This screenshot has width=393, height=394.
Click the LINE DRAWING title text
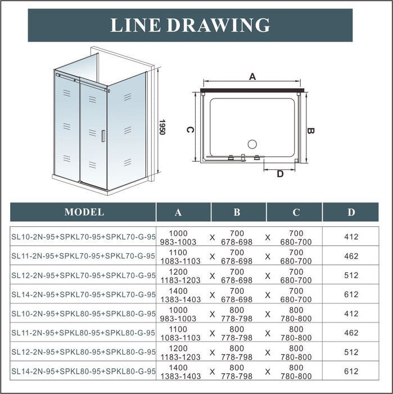pos(190,25)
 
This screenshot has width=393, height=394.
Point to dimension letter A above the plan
pos(252,77)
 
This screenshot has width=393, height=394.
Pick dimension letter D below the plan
pos(280,173)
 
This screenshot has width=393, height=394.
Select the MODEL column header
pos(84,212)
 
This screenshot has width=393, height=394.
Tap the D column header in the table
pos(351,212)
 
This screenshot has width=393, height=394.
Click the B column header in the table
pos(237,212)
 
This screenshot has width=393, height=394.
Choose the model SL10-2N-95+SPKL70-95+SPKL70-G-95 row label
pos(83,237)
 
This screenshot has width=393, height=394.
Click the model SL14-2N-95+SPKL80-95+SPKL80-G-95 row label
pos(83,372)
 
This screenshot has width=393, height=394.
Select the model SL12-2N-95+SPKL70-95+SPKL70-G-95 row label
pos(83,275)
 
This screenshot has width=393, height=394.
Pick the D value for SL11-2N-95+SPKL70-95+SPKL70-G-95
pos(351,256)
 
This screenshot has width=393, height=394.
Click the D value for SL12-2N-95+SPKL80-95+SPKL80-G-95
pos(351,352)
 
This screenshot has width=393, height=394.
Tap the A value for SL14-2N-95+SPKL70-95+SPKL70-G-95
pos(184,295)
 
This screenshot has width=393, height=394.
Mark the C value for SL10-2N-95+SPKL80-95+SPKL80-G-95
pos(295,314)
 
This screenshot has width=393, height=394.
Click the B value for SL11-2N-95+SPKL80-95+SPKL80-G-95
pos(237,333)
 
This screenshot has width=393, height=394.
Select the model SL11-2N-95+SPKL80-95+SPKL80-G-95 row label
pos(83,333)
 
